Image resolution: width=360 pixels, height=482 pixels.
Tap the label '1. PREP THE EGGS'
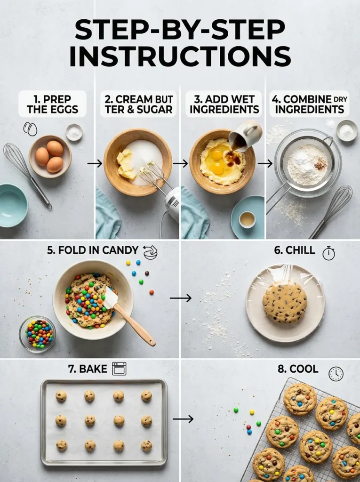pos(52,104)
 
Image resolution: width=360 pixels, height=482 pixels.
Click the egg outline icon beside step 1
pos(31,129)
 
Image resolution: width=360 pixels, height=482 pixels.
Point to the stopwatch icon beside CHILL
pos(328,253)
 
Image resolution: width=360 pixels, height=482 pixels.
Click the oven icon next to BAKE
pos(119,369)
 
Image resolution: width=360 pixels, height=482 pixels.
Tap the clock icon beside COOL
pos(336,374)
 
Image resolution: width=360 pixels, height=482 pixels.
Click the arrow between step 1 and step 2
pos(95,163)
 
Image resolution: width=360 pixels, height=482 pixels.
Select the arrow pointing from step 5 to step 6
pos(181,297)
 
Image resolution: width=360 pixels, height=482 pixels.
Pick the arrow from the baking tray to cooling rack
pos(183,418)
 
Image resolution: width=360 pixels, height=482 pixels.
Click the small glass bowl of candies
pos(38,334)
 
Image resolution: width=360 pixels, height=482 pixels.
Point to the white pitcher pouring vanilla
pos(247,135)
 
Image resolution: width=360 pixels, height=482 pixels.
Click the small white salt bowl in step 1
pos(74,132)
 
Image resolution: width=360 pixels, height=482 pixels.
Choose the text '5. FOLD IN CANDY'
pos(92,250)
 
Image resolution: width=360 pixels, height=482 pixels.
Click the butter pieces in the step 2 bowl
pos(127,164)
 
